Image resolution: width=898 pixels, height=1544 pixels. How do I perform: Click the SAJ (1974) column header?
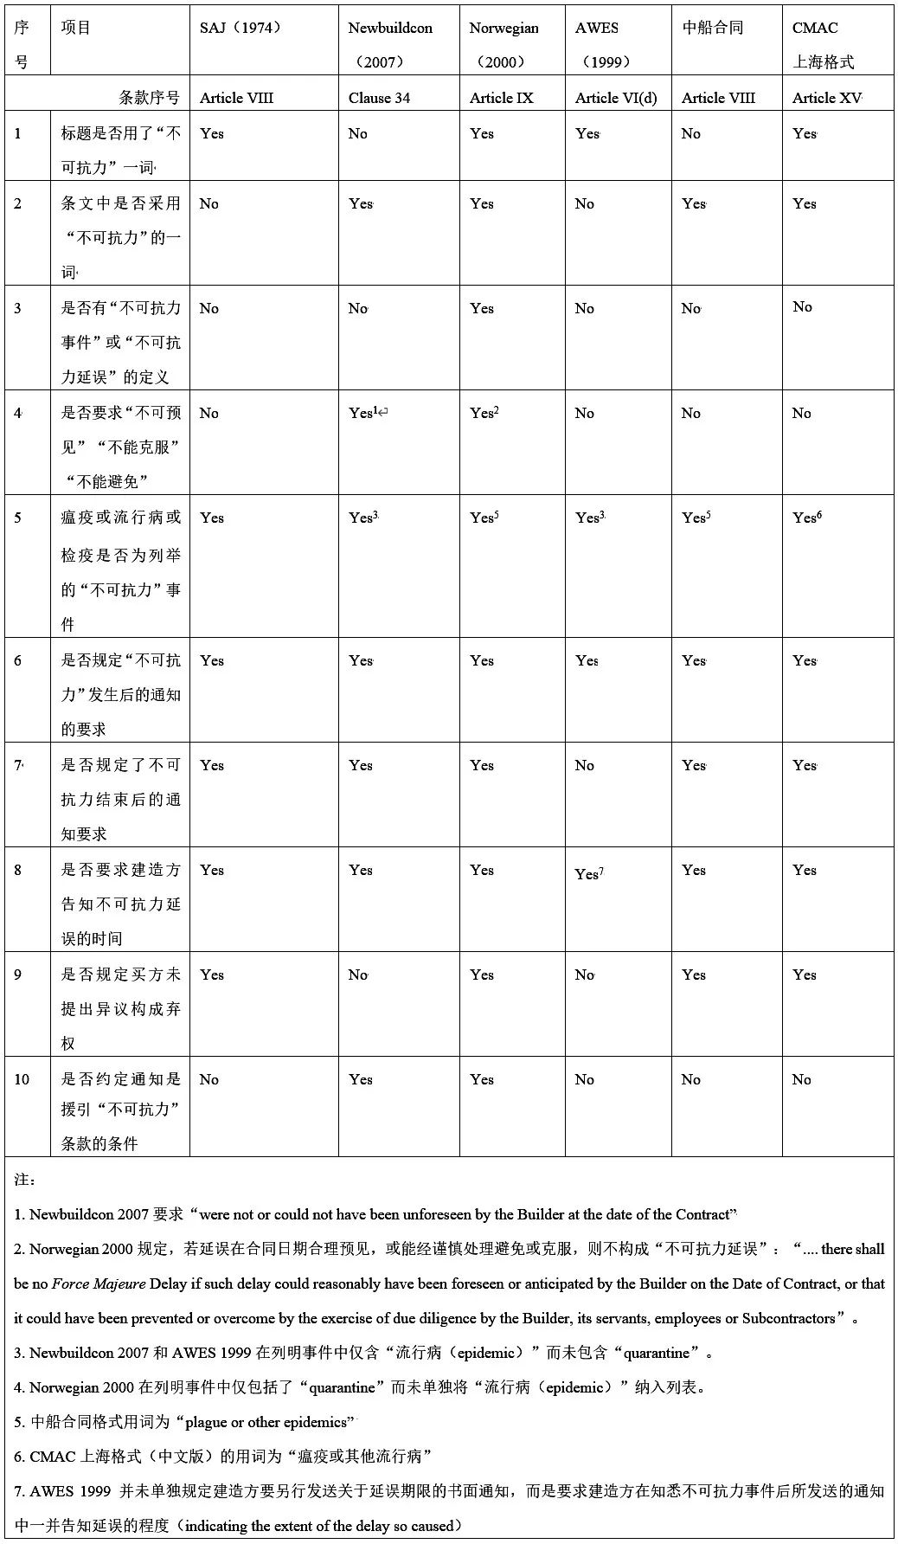click(x=241, y=28)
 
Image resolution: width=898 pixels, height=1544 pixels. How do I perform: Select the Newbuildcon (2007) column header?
click(x=389, y=43)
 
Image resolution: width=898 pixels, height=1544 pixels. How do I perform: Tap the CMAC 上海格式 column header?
click(x=823, y=43)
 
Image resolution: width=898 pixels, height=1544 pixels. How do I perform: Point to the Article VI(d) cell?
click(x=616, y=98)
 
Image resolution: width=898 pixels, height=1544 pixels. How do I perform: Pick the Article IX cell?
click(x=501, y=98)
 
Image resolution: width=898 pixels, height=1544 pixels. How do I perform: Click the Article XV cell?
click(x=826, y=98)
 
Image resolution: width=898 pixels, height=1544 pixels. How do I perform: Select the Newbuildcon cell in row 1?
click(x=357, y=133)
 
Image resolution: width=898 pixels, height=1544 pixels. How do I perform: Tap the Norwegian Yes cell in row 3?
click(x=482, y=308)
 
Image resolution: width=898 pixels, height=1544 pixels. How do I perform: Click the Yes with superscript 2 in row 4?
click(x=484, y=413)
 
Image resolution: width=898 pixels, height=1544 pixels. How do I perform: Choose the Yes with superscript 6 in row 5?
click(x=806, y=518)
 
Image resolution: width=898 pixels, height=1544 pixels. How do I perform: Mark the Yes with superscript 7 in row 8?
click(x=589, y=873)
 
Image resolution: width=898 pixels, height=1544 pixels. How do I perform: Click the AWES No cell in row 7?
click(x=585, y=765)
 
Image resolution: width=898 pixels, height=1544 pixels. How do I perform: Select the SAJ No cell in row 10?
click(x=209, y=1079)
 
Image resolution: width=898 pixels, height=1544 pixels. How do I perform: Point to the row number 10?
click(x=21, y=1079)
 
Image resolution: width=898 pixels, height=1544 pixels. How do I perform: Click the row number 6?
click(x=17, y=660)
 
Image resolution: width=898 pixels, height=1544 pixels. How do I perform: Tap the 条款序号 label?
click(x=149, y=98)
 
